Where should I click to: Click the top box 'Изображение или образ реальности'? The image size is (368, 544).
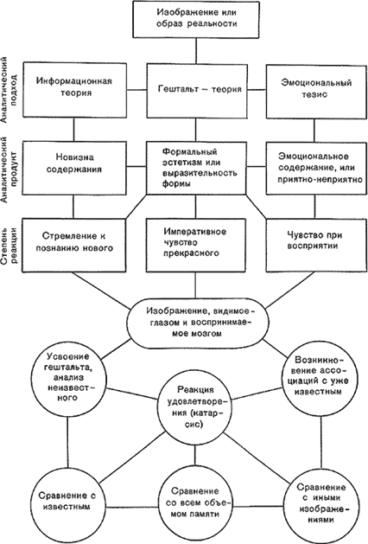[x=196, y=19]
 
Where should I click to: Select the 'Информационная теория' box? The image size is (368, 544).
[x=74, y=90]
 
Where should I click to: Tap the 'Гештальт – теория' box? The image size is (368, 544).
[x=196, y=90]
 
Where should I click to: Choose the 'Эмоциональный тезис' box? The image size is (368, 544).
[x=316, y=92]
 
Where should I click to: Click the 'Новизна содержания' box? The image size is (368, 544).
[x=74, y=168]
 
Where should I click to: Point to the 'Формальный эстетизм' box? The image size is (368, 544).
[x=196, y=168]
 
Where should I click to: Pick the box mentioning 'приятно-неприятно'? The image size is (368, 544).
[x=316, y=168]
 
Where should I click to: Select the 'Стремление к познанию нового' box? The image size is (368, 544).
[x=74, y=245]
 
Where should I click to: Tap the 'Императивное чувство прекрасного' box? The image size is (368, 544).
[x=196, y=245]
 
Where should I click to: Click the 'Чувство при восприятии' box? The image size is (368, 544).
[x=316, y=245]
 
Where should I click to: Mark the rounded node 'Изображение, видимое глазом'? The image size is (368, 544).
[x=198, y=323]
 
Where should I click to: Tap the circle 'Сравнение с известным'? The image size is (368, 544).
[x=68, y=500]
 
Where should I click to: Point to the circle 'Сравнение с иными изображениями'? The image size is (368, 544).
[x=321, y=502]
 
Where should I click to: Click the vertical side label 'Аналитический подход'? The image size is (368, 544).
[x=8, y=90]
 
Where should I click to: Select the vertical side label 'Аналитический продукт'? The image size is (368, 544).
[x=8, y=170]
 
